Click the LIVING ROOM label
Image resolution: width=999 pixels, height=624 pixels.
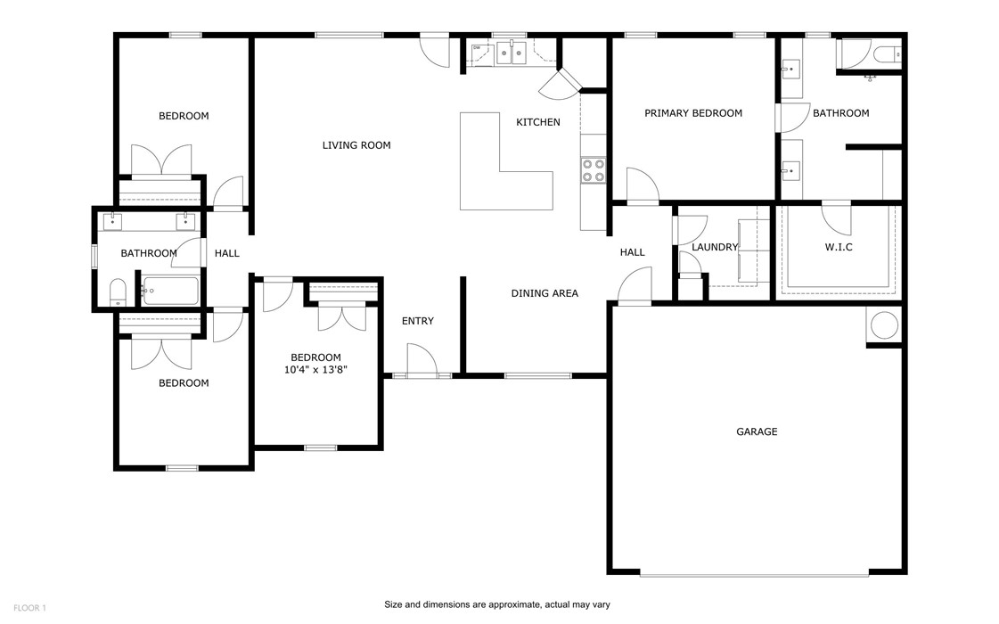click(356, 145)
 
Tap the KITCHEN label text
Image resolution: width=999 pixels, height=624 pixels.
click(538, 122)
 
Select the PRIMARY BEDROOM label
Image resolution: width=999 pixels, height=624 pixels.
click(693, 113)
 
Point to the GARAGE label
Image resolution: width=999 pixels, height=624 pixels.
click(757, 431)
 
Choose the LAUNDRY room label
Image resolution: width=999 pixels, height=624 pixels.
click(715, 247)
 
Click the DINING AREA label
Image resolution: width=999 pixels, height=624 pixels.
click(545, 293)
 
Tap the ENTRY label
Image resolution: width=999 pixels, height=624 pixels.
click(417, 321)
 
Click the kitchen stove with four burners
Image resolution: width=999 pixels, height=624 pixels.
click(593, 170)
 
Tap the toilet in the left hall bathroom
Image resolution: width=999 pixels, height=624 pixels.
click(118, 292)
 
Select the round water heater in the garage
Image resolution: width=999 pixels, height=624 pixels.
click(884, 326)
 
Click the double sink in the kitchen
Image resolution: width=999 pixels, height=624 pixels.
click(512, 54)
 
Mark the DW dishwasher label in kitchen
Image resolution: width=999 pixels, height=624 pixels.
click(477, 48)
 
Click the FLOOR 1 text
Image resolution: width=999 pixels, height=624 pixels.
click(29, 608)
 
